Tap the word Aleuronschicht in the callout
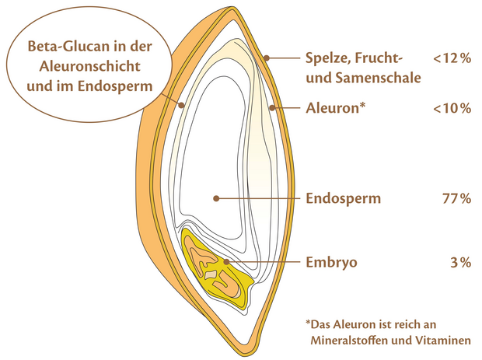click(x=89, y=66)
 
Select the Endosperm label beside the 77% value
click(x=343, y=199)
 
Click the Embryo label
click(x=331, y=262)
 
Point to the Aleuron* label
click(x=335, y=108)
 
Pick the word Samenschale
click(x=378, y=78)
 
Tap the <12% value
click(x=452, y=58)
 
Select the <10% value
click(x=452, y=108)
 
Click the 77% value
click(x=457, y=198)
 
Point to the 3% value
click(x=460, y=262)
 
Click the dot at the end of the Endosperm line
click(x=216, y=198)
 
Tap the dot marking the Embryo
click(x=226, y=262)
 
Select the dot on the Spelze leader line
click(x=267, y=58)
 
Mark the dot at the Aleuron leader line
click(x=272, y=108)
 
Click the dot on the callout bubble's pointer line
click(x=182, y=106)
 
